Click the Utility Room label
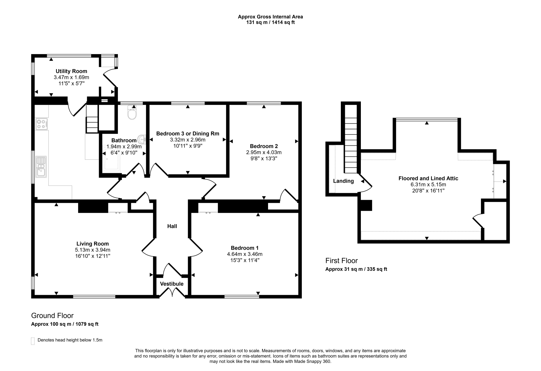coord(71,71)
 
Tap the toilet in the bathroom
coord(132,112)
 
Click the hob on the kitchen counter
coord(42,124)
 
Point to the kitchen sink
coord(41,167)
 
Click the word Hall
coord(172,226)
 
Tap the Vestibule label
coord(172,284)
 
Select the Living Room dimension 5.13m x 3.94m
coord(93,250)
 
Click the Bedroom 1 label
coord(245,248)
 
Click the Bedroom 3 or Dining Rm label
coord(188,133)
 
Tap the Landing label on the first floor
coord(344,181)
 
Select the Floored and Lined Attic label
coord(428,178)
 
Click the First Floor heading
coord(342,261)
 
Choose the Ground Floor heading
coord(52,316)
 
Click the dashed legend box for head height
coord(33,341)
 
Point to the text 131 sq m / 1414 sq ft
coord(270,22)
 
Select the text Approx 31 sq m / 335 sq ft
coord(356,269)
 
